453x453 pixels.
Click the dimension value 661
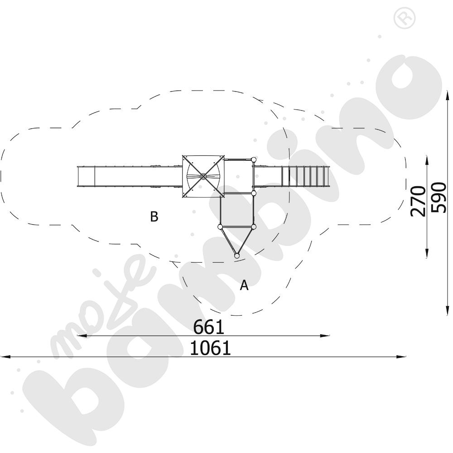point(208,327)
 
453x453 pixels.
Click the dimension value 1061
point(210,348)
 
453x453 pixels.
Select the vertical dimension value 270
point(418,202)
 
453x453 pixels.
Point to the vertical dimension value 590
point(439,198)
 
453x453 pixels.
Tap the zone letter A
point(244,285)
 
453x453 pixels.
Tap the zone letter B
point(154,217)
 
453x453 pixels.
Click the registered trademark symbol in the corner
point(405,18)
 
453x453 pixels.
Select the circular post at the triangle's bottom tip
point(236,255)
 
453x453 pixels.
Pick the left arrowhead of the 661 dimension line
point(82,336)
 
